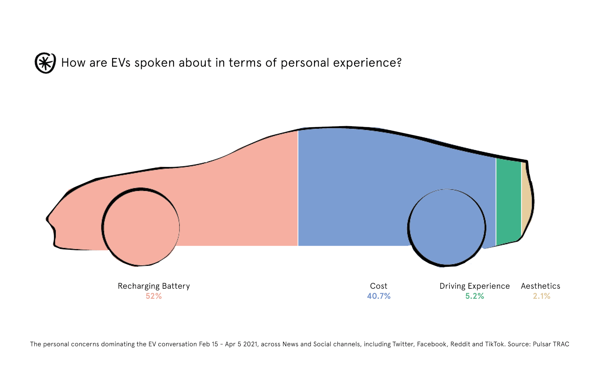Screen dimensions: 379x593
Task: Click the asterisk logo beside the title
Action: click(45, 63)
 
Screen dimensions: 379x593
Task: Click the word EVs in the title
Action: click(121, 63)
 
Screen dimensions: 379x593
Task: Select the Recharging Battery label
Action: click(154, 286)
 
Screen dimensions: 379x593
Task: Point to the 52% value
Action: click(154, 296)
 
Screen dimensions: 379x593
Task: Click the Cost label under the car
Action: click(379, 286)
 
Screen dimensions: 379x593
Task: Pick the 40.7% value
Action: click(379, 296)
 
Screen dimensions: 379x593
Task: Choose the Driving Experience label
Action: click(474, 286)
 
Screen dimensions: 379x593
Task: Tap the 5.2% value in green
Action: click(474, 296)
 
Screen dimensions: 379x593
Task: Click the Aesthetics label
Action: click(541, 286)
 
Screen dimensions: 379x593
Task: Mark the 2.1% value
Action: click(541, 296)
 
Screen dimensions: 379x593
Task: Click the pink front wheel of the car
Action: click(141, 227)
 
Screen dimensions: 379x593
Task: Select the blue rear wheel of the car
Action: click(447, 227)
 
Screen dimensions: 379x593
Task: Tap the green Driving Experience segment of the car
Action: click(508, 201)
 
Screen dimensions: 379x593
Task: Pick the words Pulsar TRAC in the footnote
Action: click(551, 344)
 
